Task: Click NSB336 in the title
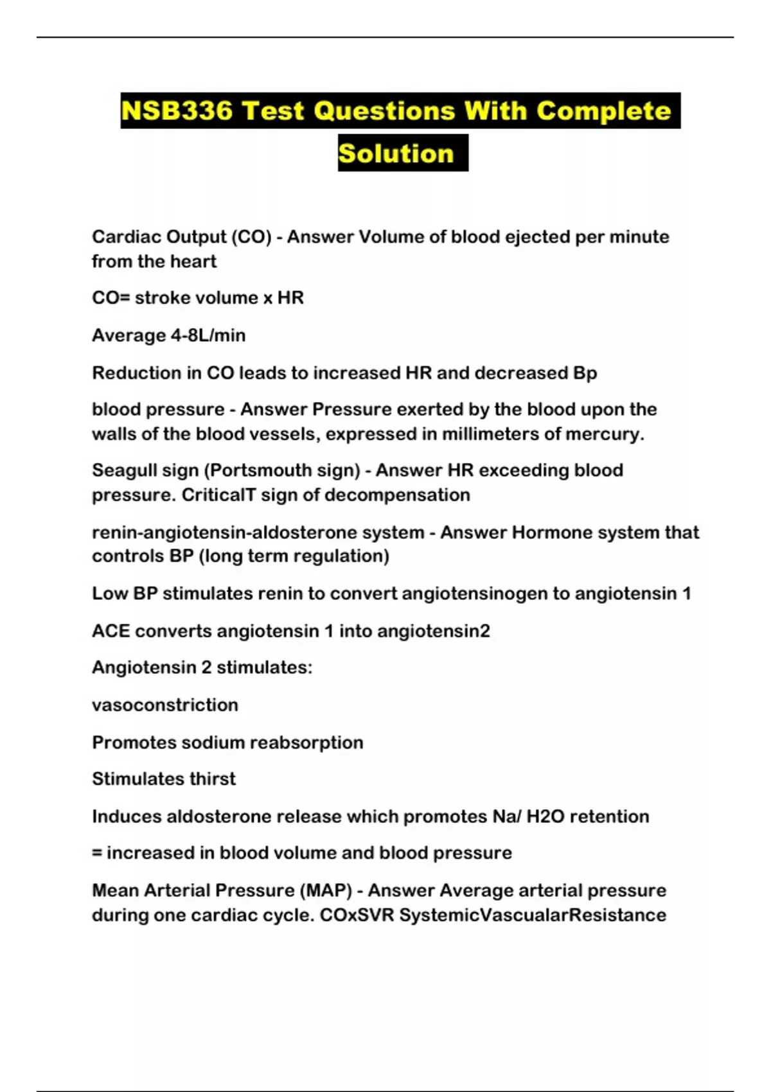(x=177, y=111)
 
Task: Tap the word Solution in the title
(x=396, y=154)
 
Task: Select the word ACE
(x=111, y=631)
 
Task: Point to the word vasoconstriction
(x=164, y=705)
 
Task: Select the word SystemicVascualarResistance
(x=532, y=915)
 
